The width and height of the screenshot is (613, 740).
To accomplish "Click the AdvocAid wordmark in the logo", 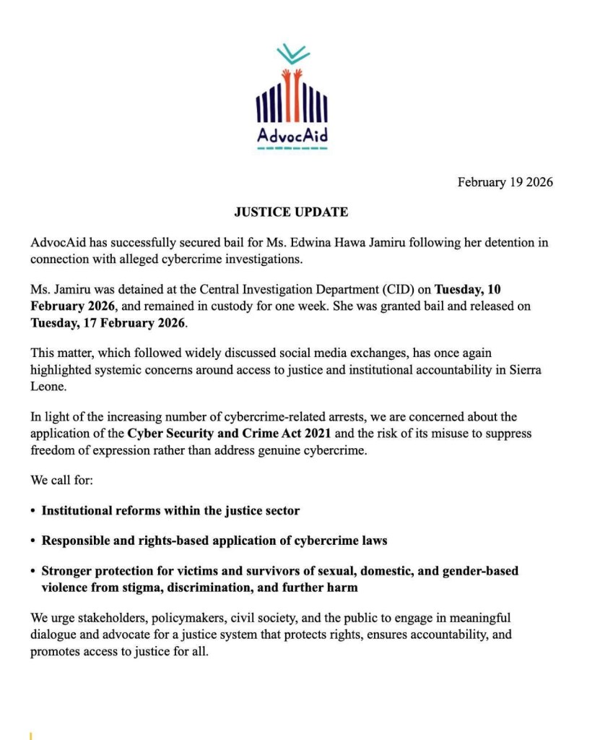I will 292,136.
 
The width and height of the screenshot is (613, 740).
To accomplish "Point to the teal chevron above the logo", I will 292,53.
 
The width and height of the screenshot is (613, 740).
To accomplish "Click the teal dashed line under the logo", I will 292,148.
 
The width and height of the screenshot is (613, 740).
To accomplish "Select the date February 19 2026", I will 505,182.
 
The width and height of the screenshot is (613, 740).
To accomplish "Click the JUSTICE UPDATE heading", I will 291,212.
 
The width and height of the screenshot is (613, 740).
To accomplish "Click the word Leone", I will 48,386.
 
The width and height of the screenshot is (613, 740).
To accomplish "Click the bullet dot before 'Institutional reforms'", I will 33,511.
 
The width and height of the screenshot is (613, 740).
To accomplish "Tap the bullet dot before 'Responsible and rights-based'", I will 33,541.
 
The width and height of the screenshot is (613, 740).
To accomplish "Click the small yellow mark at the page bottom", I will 31,736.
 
